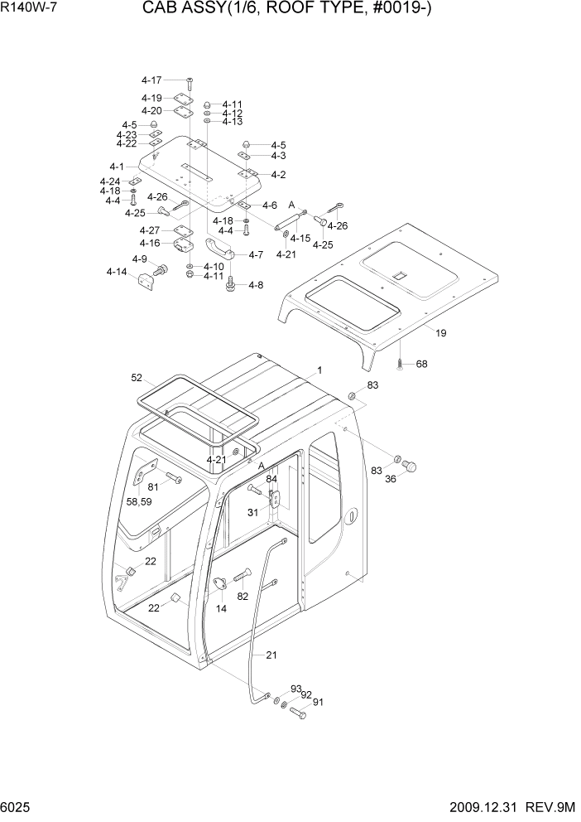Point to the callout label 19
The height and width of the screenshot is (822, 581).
pos(441,333)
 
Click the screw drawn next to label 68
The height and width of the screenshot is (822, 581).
pos(399,363)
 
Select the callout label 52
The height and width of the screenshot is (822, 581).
pos(137,378)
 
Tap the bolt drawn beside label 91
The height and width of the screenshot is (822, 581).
pos(299,712)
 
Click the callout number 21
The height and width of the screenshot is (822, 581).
pos(271,655)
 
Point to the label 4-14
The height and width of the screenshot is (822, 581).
pos(117,272)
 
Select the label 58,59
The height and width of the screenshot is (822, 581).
pos(139,501)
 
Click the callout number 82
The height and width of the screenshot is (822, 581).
pos(242,596)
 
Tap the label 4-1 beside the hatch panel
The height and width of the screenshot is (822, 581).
pos(117,167)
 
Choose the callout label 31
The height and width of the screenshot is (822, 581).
pos(253,511)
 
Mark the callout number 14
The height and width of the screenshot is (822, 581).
pos(221,608)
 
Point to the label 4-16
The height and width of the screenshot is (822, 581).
pos(150,243)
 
